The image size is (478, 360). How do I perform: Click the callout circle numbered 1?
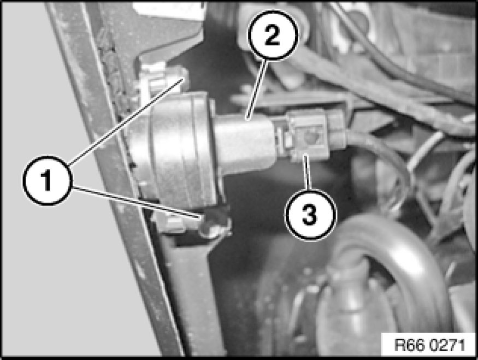pos(47,180)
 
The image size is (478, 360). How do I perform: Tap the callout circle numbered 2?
pos(272,34)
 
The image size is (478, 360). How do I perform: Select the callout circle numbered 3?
pos(310,214)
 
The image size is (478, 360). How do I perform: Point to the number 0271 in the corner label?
pos(447,345)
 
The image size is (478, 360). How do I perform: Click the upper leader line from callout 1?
pos(126,122)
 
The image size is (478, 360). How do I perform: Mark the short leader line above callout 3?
pos(307,172)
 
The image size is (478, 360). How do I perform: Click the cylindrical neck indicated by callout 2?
pos(244,143)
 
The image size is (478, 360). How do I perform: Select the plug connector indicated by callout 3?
pos(314,134)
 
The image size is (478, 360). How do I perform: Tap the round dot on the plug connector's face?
pos(311,138)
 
